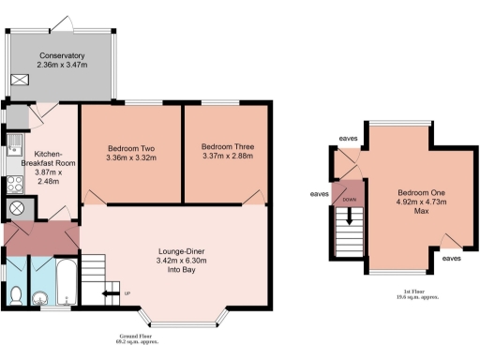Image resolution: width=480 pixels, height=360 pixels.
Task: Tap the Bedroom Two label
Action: coord(131,148)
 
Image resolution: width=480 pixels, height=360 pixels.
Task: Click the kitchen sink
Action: coord(14,144)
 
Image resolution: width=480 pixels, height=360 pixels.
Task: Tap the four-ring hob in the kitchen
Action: coord(16,183)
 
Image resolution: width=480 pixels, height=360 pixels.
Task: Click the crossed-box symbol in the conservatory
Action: coord(20,82)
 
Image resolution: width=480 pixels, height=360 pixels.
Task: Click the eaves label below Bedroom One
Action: coord(451,258)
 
